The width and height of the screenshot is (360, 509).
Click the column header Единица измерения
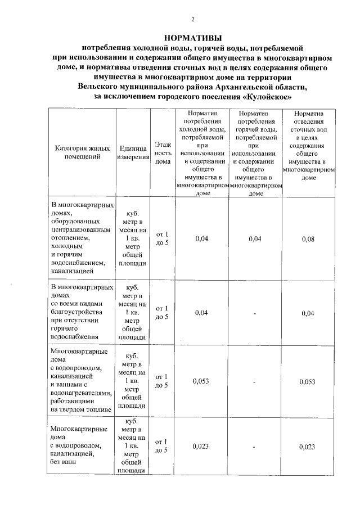(133, 153)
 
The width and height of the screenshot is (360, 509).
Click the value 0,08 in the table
(308, 240)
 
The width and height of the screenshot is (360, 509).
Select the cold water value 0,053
(201, 381)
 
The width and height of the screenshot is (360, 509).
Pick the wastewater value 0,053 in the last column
(308, 381)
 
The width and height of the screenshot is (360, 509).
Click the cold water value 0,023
(201, 447)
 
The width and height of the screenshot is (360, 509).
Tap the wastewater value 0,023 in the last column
(308, 447)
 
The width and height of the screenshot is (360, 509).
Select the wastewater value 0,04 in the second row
(308, 313)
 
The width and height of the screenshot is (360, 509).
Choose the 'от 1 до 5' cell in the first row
(162, 239)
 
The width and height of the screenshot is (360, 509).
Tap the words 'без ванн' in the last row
(62, 462)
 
